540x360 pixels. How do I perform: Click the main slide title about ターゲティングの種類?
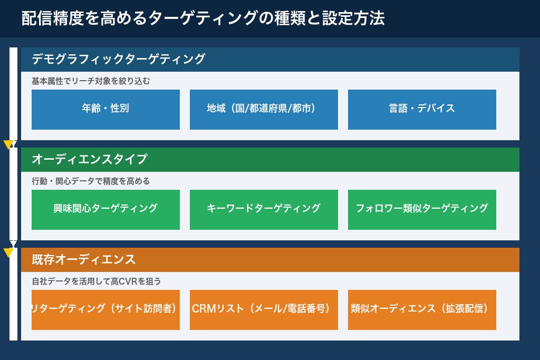(x=203, y=19)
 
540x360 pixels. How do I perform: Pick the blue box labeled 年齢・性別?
(x=105, y=109)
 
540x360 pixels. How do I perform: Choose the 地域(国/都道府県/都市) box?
(x=264, y=109)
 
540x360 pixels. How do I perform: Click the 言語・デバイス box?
(x=422, y=109)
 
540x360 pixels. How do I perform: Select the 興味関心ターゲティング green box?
(x=105, y=209)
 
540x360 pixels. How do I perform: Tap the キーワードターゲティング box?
(x=264, y=209)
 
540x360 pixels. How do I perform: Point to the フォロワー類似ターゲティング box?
(x=422, y=209)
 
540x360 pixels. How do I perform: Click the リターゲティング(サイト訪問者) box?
(x=105, y=309)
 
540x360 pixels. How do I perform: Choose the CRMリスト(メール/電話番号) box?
(x=264, y=309)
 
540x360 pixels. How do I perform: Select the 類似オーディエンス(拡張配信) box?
(x=422, y=309)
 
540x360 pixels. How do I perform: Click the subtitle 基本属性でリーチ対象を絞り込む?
(x=91, y=81)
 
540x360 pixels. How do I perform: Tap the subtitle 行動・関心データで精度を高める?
(x=91, y=181)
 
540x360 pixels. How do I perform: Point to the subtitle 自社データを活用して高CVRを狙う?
(x=96, y=281)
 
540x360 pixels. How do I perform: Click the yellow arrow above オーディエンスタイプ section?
(x=8, y=145)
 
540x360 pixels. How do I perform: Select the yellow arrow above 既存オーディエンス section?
(x=8, y=252)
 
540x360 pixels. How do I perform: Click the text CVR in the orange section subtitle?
(x=129, y=281)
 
